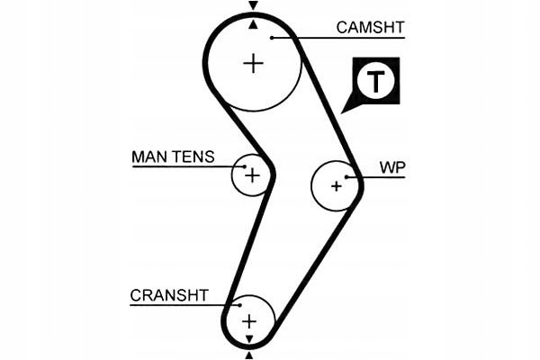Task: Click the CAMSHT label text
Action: [370, 28]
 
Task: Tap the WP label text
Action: [392, 167]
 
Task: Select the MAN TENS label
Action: [173, 157]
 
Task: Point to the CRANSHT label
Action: [169, 295]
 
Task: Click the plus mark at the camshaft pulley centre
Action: [254, 63]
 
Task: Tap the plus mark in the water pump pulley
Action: [336, 186]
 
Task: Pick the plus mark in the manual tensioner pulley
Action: [252, 175]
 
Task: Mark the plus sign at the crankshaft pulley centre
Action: [249, 322]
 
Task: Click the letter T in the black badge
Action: [375, 81]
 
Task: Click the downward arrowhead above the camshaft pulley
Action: [254, 6]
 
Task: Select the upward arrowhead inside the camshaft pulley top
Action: [254, 24]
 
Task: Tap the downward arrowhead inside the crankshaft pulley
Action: [249, 339]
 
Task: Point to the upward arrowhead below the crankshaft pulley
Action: [249, 355]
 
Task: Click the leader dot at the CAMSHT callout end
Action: [272, 38]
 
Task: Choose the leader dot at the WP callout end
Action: [346, 177]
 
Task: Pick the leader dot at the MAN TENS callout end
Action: [245, 166]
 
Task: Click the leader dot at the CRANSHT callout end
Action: [239, 305]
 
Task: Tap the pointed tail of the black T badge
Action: [341, 113]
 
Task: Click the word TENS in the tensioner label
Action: [193, 157]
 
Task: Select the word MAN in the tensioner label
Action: [148, 157]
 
